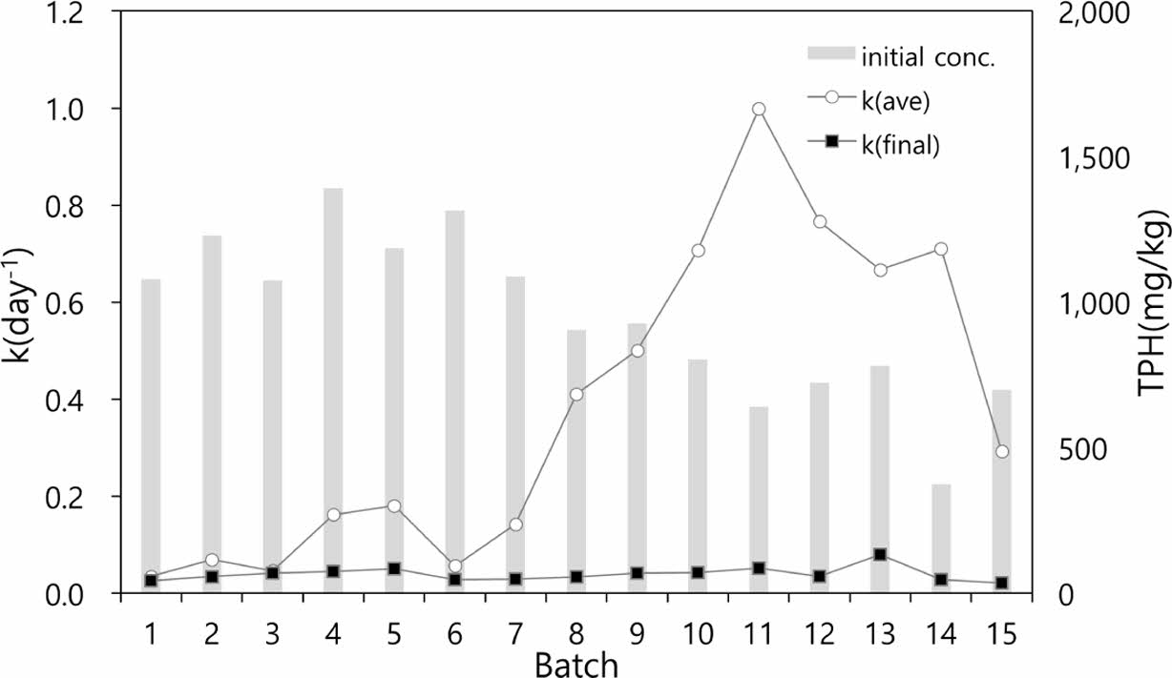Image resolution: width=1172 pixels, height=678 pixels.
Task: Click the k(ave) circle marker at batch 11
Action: pos(759,109)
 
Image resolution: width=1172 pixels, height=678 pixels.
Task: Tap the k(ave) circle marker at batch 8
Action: pos(576,394)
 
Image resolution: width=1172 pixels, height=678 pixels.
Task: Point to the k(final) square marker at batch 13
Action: pos(880,554)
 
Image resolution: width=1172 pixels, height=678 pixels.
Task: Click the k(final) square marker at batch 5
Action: pos(393,568)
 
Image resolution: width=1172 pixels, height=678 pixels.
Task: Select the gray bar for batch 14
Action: pos(941,538)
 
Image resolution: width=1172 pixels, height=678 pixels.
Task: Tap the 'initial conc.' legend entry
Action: pos(901,56)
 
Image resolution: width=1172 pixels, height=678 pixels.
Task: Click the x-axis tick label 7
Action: pos(515,632)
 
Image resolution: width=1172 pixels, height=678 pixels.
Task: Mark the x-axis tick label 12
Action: pos(819,632)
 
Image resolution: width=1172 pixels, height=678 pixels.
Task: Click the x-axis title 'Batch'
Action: pos(576,663)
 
